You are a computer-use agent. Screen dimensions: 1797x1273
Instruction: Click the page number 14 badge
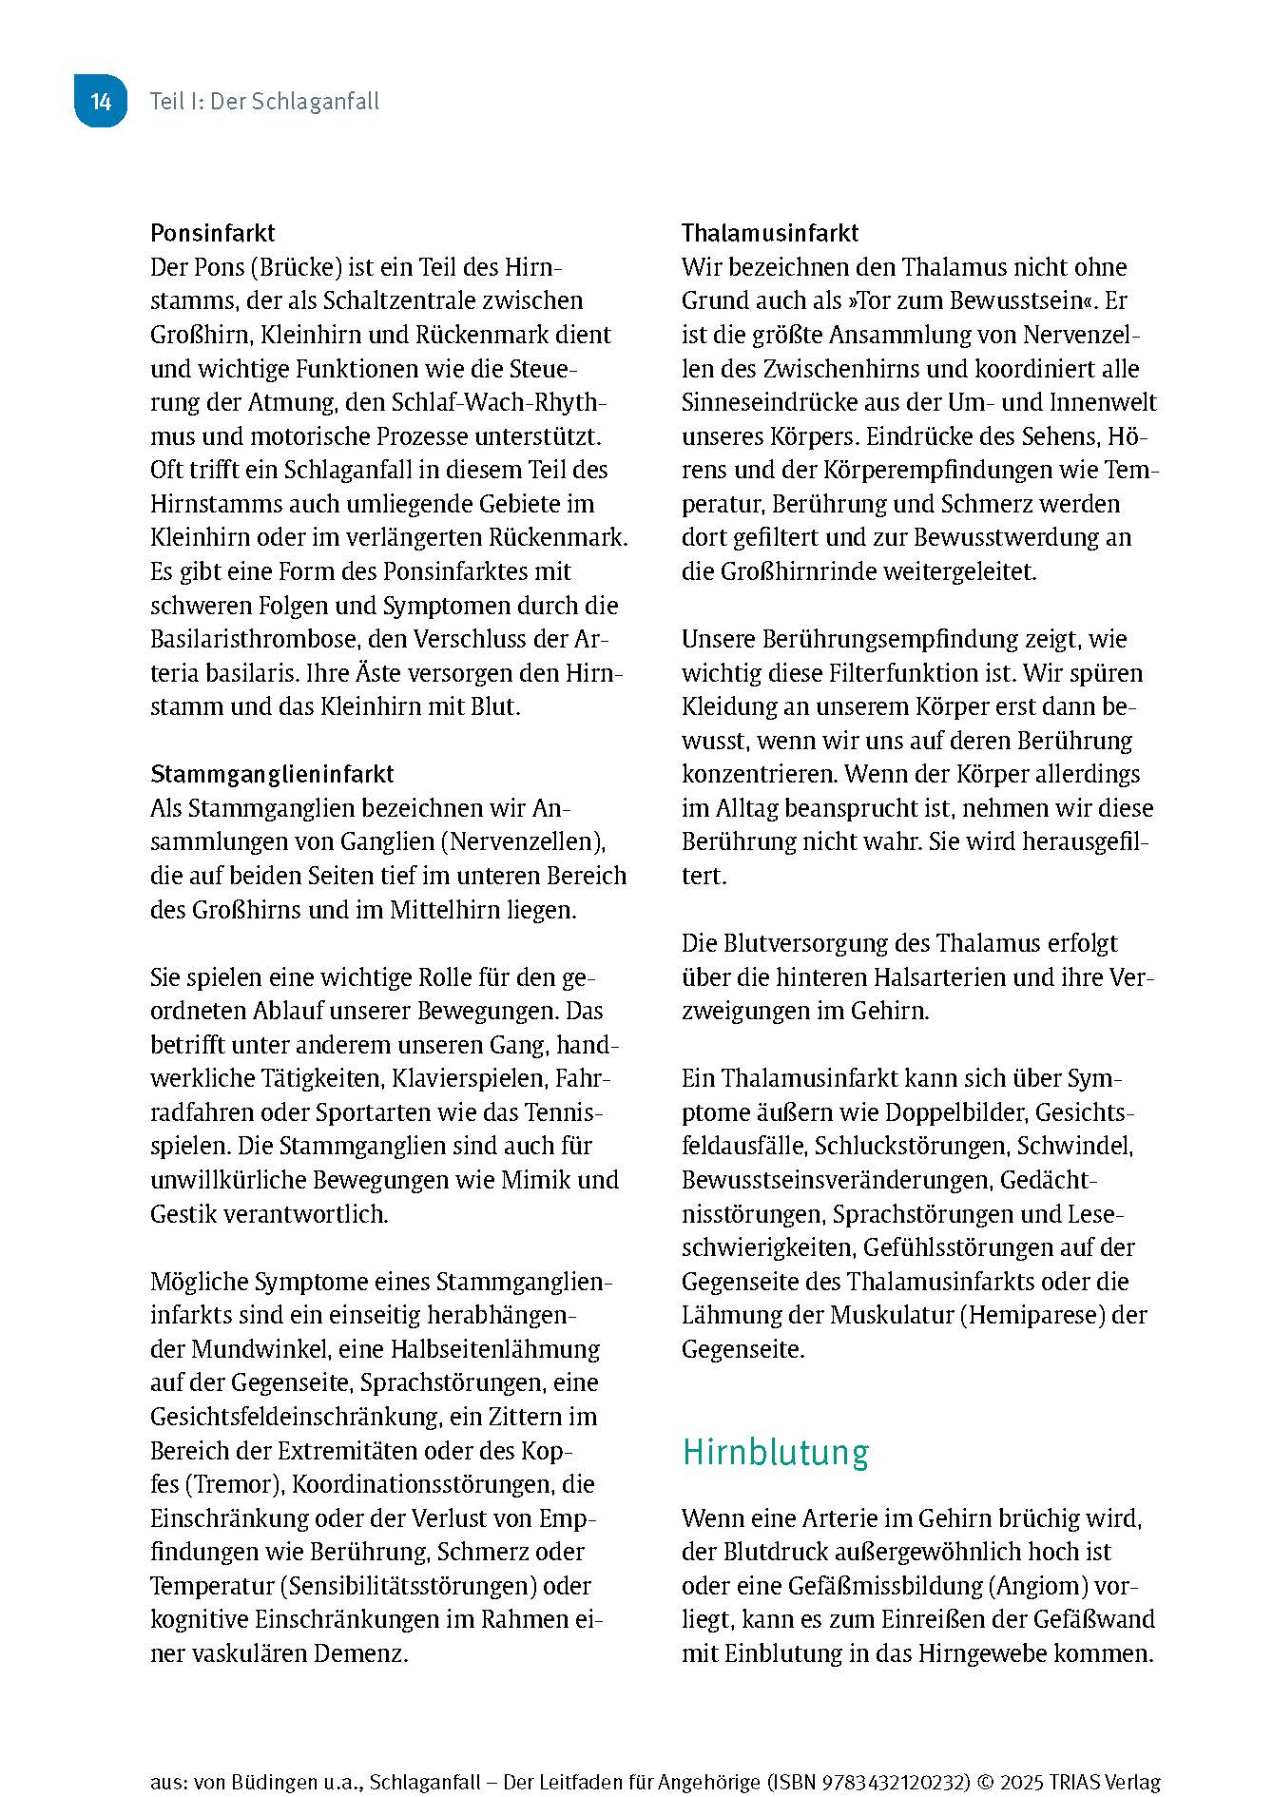101,102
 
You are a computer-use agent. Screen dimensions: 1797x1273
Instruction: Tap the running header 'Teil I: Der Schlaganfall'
264,102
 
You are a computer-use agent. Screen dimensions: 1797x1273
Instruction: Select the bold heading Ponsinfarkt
213,233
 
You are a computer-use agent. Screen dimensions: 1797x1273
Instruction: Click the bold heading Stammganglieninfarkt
272,774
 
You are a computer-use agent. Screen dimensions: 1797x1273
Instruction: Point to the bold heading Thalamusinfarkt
770,233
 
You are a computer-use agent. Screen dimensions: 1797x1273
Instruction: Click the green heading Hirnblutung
776,1453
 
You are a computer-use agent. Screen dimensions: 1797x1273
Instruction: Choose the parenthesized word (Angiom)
1038,1586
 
